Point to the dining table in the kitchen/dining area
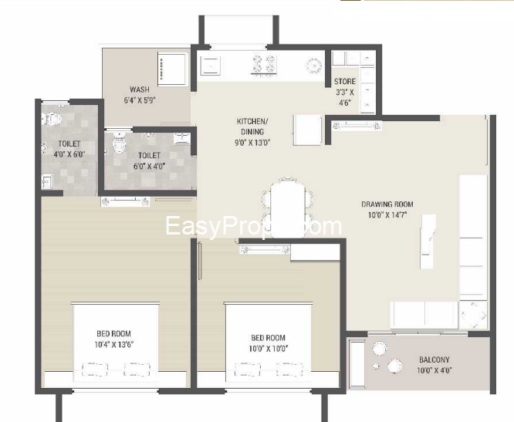click(287, 204)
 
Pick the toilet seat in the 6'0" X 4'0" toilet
click(117, 143)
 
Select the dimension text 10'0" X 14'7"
click(387, 215)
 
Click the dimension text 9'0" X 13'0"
click(252, 142)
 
